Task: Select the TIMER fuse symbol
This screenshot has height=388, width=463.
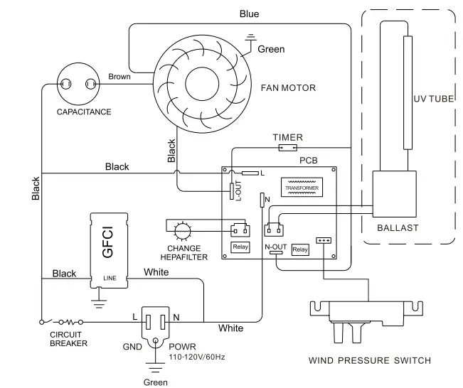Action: [x=288, y=149]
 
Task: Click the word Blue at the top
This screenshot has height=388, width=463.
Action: [x=249, y=14]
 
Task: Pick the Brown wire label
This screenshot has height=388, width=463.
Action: [x=119, y=76]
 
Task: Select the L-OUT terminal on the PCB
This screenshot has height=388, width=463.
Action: [x=231, y=190]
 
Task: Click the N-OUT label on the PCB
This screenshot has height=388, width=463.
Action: [x=275, y=247]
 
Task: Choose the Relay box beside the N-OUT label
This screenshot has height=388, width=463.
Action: [x=301, y=249]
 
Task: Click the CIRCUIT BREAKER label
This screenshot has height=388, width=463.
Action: [x=68, y=338]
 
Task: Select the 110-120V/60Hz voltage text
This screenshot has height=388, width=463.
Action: [x=197, y=356]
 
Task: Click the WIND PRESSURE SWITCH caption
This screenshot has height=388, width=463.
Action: [x=369, y=360]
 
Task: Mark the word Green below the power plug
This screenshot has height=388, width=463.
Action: [x=156, y=382]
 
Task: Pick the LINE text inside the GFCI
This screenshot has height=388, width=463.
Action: [x=110, y=278]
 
